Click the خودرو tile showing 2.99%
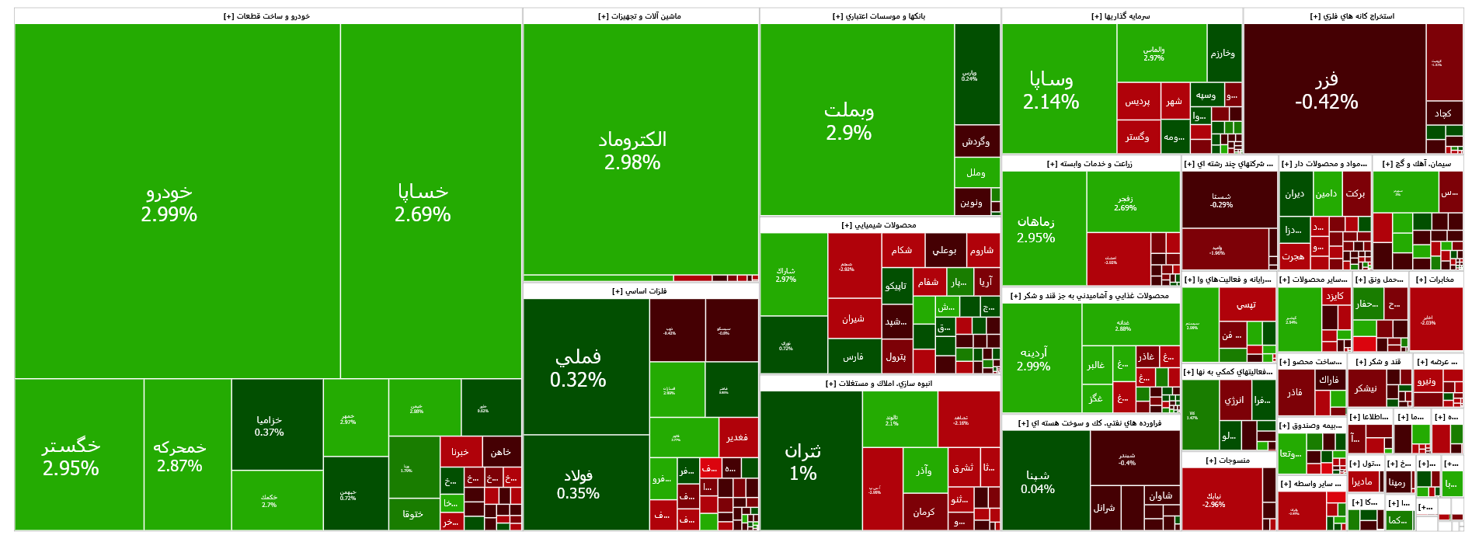pyautogui.click(x=169, y=202)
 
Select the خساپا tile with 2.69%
pyautogui.click(x=423, y=202)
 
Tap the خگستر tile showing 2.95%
pyautogui.click(x=71, y=456)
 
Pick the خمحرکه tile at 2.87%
pyautogui.click(x=179, y=456)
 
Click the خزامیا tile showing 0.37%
pyautogui.click(x=270, y=426)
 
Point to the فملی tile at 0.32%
pyautogui.click(x=578, y=367)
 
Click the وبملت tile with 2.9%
pyautogui.click(x=848, y=120)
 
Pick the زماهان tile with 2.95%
pyautogui.click(x=1036, y=229)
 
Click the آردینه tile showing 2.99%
pyautogui.click(x=1034, y=359)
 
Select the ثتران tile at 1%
pyautogui.click(x=802, y=461)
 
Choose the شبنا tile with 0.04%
pyautogui.click(x=1038, y=481)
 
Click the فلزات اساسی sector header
pyautogui.click(x=639, y=291)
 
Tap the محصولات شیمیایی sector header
pyautogui.click(x=879, y=225)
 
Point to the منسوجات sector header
pyautogui.click(x=1227, y=460)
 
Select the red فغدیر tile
pyautogui.click(x=737, y=437)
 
